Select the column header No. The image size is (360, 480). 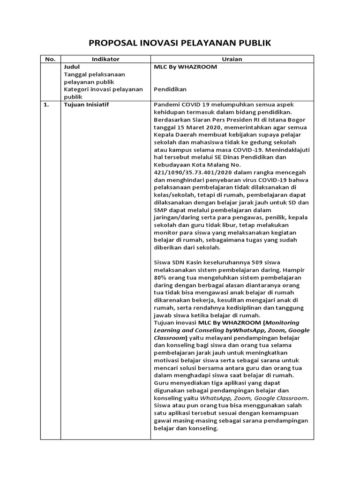(x=50, y=59)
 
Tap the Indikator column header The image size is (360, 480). (x=105, y=59)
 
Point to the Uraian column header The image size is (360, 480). (x=232, y=59)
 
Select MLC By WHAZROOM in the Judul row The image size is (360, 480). (x=185, y=67)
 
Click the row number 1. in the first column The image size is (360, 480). (x=46, y=105)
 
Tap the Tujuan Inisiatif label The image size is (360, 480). (x=86, y=105)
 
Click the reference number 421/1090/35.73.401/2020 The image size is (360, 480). (x=192, y=172)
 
